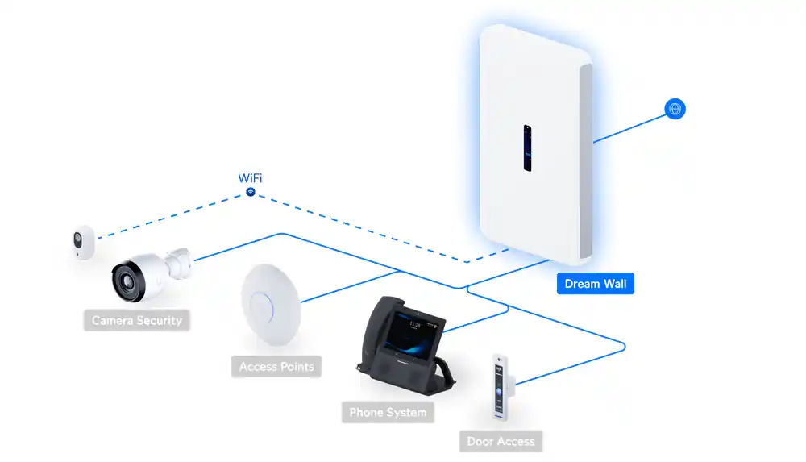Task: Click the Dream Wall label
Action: (x=596, y=284)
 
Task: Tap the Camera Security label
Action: (x=136, y=320)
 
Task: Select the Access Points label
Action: (x=276, y=367)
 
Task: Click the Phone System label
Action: (x=388, y=413)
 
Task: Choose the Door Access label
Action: (x=501, y=441)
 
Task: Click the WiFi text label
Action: (x=250, y=178)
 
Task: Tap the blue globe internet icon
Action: (x=675, y=109)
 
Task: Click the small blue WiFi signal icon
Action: (x=251, y=193)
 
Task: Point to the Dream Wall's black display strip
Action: (x=527, y=148)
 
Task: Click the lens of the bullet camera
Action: (x=127, y=277)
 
